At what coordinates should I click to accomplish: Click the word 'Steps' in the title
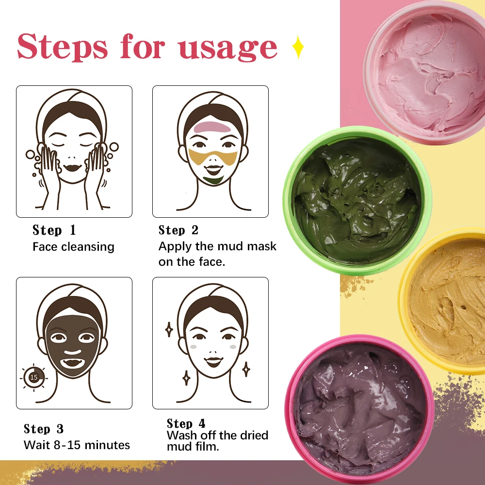coord(63,47)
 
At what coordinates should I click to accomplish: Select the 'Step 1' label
coord(54,230)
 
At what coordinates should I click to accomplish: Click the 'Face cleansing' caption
coord(73,246)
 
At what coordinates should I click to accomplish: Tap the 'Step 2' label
coord(178,230)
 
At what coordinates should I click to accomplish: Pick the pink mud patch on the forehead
coord(213,128)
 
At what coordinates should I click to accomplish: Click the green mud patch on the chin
coord(213,180)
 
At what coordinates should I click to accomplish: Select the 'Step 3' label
coord(44,429)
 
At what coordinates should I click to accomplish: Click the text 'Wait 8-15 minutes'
coord(77,445)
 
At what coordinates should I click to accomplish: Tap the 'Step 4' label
coord(186,423)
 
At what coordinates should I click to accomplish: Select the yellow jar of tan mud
coord(446,301)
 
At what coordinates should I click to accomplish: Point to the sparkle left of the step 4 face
coord(169,330)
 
